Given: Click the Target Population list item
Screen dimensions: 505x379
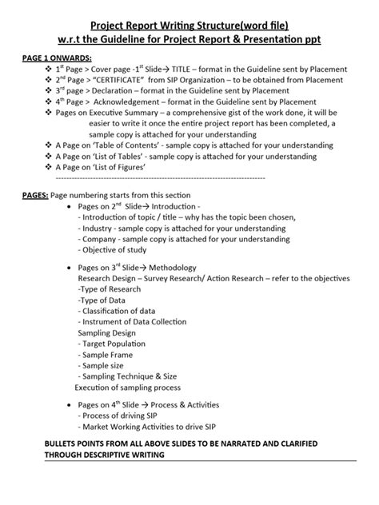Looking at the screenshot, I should [118, 343].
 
